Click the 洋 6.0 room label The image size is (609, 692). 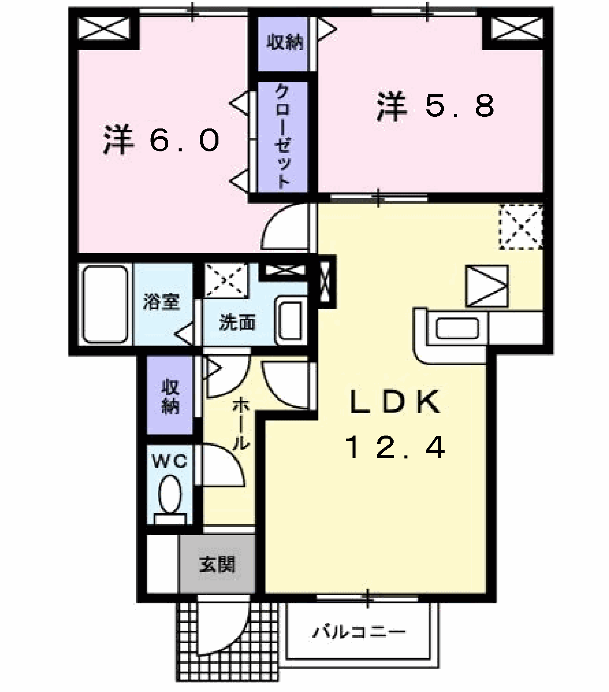[x=162, y=140]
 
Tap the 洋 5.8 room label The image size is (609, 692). [x=436, y=106]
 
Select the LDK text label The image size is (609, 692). [x=395, y=402]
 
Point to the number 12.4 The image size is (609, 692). [x=395, y=447]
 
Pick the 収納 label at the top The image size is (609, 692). [x=284, y=42]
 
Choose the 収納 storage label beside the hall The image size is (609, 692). [x=170, y=396]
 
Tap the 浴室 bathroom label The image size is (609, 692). [x=161, y=302]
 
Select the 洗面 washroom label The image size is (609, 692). [x=237, y=322]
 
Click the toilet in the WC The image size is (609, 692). [x=170, y=500]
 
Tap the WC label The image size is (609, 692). [x=170, y=462]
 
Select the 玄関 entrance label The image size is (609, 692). [x=217, y=564]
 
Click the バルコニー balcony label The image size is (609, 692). [x=359, y=632]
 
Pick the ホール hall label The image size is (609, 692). [x=241, y=425]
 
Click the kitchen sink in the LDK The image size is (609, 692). [x=457, y=328]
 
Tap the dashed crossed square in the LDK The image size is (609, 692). [x=521, y=227]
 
